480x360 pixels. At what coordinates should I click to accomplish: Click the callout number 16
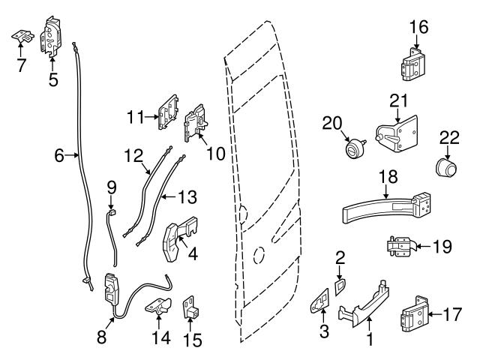pyautogui.click(x=418, y=28)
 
